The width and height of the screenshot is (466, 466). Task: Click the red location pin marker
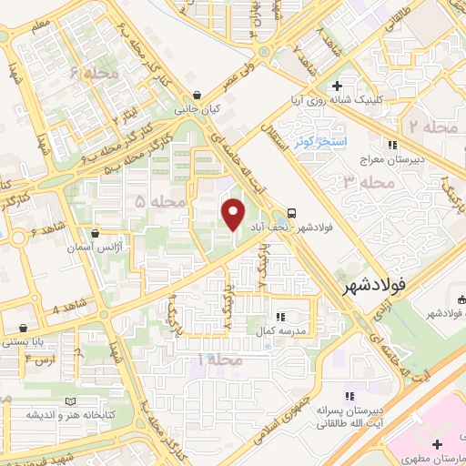(235, 213)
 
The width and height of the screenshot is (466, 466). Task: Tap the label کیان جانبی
(198, 108)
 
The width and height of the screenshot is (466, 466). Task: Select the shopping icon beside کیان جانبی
(198, 95)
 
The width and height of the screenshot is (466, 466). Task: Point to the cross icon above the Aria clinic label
(338, 86)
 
